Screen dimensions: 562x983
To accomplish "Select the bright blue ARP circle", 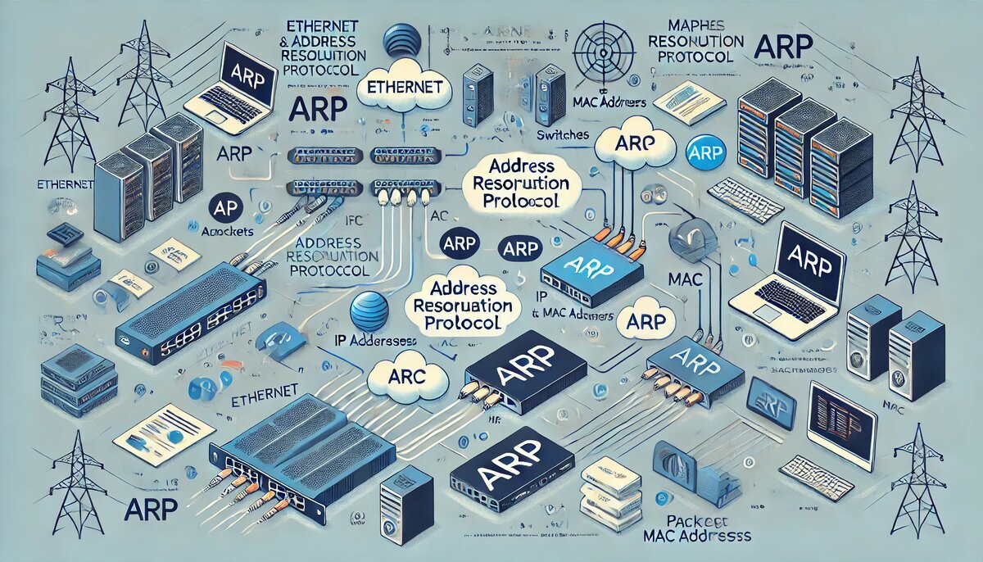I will click(704, 151).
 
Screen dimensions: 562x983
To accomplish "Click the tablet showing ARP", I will click(772, 405).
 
